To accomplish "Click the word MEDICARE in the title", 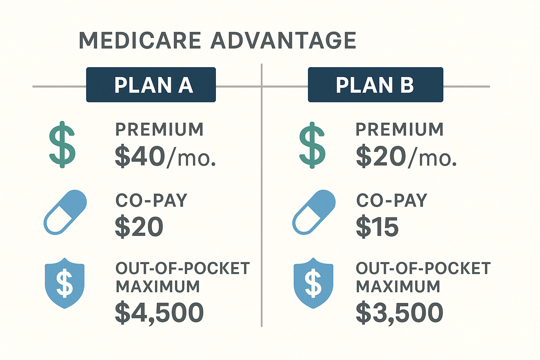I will click(140, 40).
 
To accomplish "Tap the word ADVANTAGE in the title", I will click(283, 40).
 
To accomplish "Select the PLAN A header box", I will click(151, 85).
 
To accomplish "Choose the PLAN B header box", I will click(375, 85).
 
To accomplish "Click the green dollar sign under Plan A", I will click(62, 144).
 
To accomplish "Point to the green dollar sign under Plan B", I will click(312, 145).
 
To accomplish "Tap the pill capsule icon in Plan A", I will click(65, 212).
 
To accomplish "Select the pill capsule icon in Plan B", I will click(314, 212).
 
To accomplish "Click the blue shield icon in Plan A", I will click(65, 283).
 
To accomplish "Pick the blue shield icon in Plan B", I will click(313, 283).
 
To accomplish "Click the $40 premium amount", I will click(140, 157).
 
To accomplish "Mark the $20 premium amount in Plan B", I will click(381, 157).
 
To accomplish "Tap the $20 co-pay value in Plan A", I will click(139, 227).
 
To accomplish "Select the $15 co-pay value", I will click(377, 227).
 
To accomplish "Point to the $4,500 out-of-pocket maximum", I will click(159, 313).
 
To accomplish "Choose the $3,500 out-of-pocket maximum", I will click(399, 313).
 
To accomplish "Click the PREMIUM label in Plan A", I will click(160, 129).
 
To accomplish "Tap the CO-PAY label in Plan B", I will click(392, 201).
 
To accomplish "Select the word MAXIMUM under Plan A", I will click(158, 287).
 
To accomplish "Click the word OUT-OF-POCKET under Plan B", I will click(423, 269).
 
